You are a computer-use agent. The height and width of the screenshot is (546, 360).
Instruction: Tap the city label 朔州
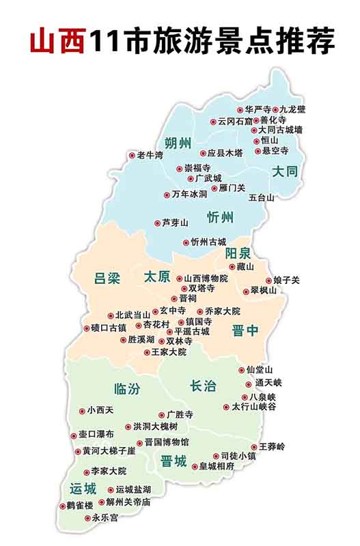179,143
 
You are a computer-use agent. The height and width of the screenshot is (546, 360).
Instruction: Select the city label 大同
285,172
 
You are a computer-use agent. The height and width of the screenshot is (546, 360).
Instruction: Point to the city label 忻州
221,218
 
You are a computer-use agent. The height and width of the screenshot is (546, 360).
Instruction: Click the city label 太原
158,278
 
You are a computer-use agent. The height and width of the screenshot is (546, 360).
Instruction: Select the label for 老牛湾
150,156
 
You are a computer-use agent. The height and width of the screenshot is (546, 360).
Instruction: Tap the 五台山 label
261,197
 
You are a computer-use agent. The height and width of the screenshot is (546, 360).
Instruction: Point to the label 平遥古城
192,331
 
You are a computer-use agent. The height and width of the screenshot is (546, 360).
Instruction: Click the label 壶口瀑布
96,434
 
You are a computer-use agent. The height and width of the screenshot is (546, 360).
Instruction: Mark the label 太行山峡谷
253,407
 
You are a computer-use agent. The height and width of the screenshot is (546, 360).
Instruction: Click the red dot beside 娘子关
267,281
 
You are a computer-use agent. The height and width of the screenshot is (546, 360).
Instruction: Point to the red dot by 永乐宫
87,518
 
